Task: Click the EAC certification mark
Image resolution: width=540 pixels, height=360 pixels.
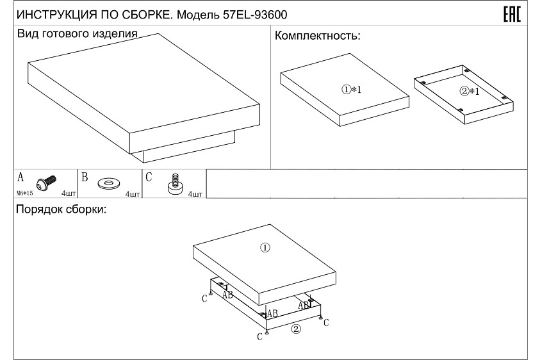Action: [512, 15]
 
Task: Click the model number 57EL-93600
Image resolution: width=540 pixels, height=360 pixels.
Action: [255, 15]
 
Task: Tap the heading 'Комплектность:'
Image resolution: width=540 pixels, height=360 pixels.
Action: [318, 36]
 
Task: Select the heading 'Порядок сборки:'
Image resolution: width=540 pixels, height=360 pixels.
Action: [61, 209]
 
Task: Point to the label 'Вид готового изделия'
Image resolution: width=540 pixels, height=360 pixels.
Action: [78, 34]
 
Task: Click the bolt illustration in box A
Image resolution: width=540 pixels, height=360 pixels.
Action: [46, 183]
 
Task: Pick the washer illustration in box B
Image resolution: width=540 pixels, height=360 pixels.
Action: [109, 183]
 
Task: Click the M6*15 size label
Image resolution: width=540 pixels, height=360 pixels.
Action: [25, 193]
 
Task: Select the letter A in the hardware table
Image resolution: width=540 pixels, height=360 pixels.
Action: [20, 177]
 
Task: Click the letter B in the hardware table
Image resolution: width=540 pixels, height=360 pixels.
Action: [85, 177]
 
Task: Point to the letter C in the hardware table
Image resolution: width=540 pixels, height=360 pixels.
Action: [149, 177]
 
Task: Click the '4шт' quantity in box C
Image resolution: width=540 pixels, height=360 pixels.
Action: [195, 194]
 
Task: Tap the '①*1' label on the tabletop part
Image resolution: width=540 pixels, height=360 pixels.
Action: [352, 90]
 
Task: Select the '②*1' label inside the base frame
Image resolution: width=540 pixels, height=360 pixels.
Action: [470, 92]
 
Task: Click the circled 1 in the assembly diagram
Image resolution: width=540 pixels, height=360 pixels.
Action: [265, 247]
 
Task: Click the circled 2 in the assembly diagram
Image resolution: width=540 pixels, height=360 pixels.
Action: [296, 329]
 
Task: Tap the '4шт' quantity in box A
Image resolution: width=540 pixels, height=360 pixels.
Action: [69, 193]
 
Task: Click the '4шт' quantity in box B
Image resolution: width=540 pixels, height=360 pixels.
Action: [133, 194]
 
